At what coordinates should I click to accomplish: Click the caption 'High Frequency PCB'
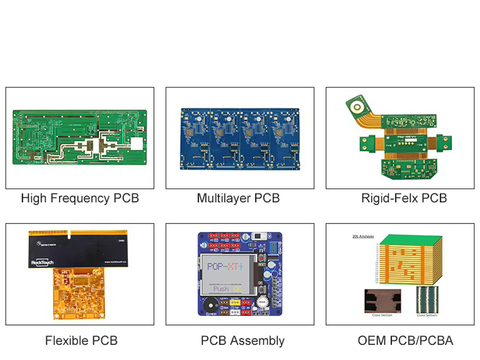tap(79, 198)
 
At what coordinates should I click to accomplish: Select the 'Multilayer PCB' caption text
tap(238, 198)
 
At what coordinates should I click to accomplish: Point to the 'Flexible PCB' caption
tap(81, 340)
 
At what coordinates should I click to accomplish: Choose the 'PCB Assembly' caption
tap(242, 340)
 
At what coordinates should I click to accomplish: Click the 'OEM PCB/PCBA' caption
tap(405, 340)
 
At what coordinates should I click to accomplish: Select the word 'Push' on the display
tap(221, 288)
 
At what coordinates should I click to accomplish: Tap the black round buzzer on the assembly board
tap(209, 302)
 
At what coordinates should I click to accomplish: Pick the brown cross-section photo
tap(382, 301)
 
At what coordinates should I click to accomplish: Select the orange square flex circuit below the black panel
tap(77, 295)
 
